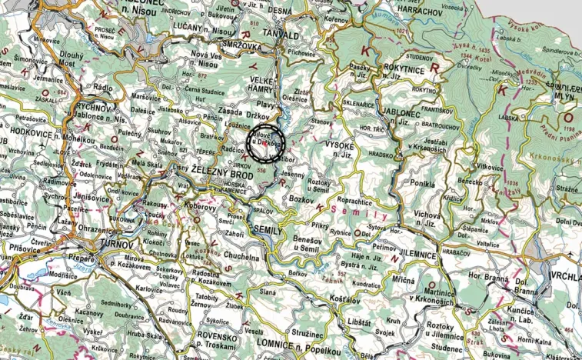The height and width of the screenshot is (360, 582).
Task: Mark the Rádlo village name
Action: [102, 88]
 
